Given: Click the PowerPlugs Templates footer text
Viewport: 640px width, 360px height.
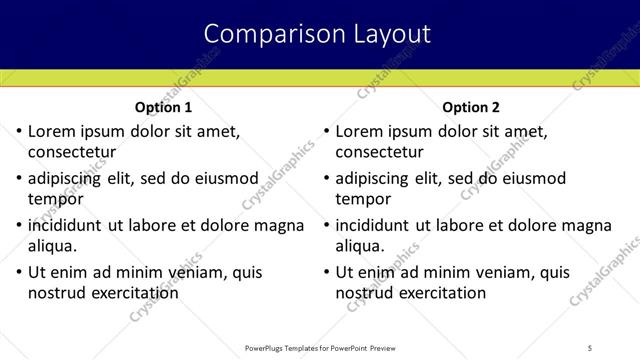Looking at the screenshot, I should pos(319,347).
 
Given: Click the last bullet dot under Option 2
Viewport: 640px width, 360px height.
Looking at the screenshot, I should pos(325,272).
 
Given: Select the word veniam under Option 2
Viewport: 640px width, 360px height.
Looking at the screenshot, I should pos(486,272).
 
